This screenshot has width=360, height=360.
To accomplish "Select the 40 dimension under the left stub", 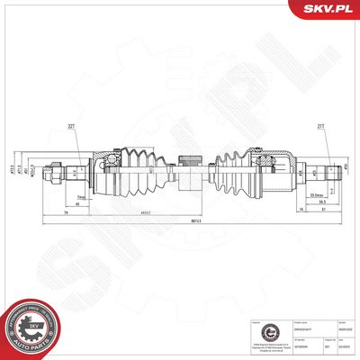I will coord(79,204).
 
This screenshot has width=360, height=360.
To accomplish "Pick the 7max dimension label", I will coord(81,196).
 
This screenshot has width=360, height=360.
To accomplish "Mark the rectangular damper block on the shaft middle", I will coord(190,167).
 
